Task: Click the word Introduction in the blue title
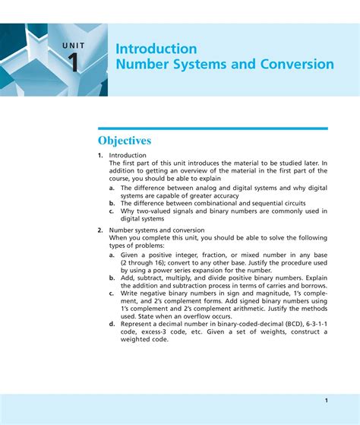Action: click(156, 49)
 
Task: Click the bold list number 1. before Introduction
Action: click(100, 155)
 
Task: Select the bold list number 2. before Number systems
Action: click(100, 230)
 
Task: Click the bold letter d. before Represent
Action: click(112, 324)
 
